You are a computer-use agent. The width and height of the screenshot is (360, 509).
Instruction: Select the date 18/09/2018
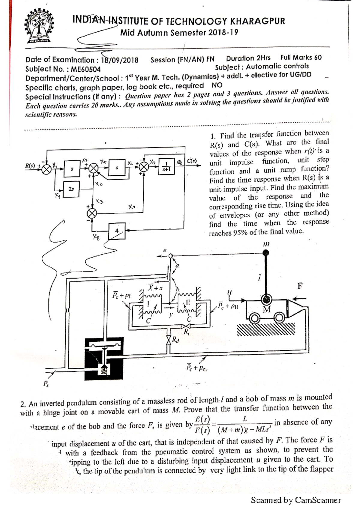pos(120,60)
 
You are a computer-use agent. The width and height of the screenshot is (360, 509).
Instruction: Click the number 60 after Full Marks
pos(318,58)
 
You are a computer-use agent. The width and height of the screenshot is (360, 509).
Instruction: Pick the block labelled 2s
pos(71,189)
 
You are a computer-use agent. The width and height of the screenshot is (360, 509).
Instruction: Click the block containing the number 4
pos(117,231)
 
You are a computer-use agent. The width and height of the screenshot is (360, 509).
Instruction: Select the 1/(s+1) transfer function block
pos(166,167)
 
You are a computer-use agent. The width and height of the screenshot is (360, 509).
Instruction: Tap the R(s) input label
pos(30,165)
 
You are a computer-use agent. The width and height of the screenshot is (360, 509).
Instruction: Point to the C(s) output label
pos(192,161)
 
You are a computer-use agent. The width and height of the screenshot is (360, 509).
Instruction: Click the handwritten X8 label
pos(96,237)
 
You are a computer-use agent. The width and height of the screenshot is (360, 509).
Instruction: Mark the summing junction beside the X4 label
pos(92,213)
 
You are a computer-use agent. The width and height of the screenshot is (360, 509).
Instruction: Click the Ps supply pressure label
pos(46,384)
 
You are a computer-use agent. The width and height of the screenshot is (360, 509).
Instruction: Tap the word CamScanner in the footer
pos(318,500)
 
